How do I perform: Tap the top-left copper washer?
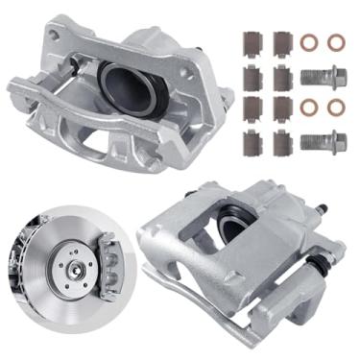309,43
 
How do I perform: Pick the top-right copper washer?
335,43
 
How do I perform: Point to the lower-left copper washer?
309,108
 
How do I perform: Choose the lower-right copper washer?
335,108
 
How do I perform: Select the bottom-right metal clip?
280,142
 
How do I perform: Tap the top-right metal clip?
281,44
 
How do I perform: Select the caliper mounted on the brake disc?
107,263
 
